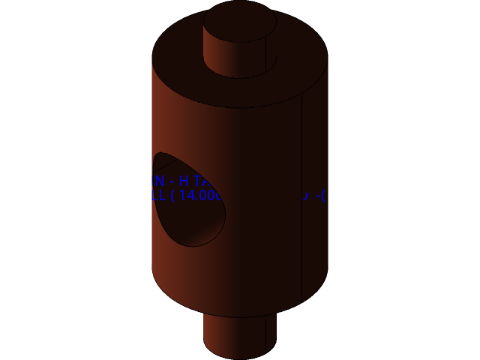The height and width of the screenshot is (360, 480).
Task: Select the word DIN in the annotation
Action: click(x=152, y=181)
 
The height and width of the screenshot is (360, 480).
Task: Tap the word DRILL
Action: click(x=146, y=196)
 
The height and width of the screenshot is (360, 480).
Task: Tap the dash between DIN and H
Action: click(x=172, y=181)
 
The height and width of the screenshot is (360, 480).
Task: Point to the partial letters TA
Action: click(x=200, y=181)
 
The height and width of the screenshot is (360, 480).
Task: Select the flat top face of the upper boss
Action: click(x=239, y=21)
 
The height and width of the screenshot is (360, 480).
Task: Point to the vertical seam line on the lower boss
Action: click(x=265, y=334)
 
